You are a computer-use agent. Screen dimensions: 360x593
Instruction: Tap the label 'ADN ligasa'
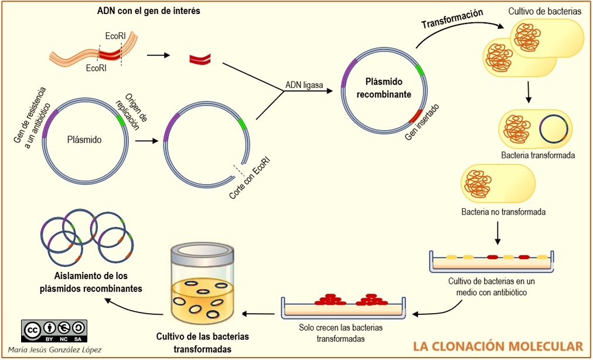(x=304, y=86)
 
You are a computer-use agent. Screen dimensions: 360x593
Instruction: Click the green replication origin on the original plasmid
(x=121, y=120)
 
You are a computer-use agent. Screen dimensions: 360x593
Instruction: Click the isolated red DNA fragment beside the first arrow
(x=200, y=57)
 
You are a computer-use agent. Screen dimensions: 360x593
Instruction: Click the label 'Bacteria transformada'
(x=537, y=156)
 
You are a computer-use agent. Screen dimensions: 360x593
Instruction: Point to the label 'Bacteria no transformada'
(x=503, y=212)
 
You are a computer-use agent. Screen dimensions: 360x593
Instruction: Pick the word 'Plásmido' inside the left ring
(x=84, y=140)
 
